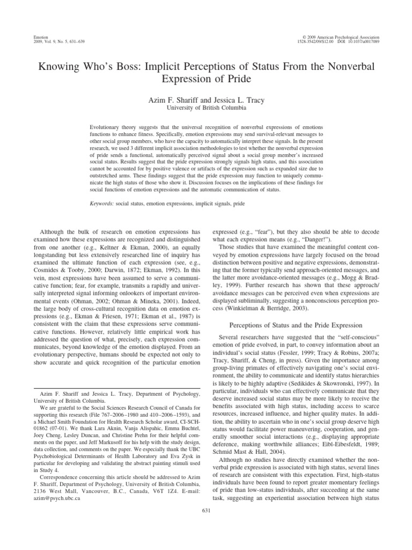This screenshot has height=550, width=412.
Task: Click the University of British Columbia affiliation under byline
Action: [207, 108]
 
